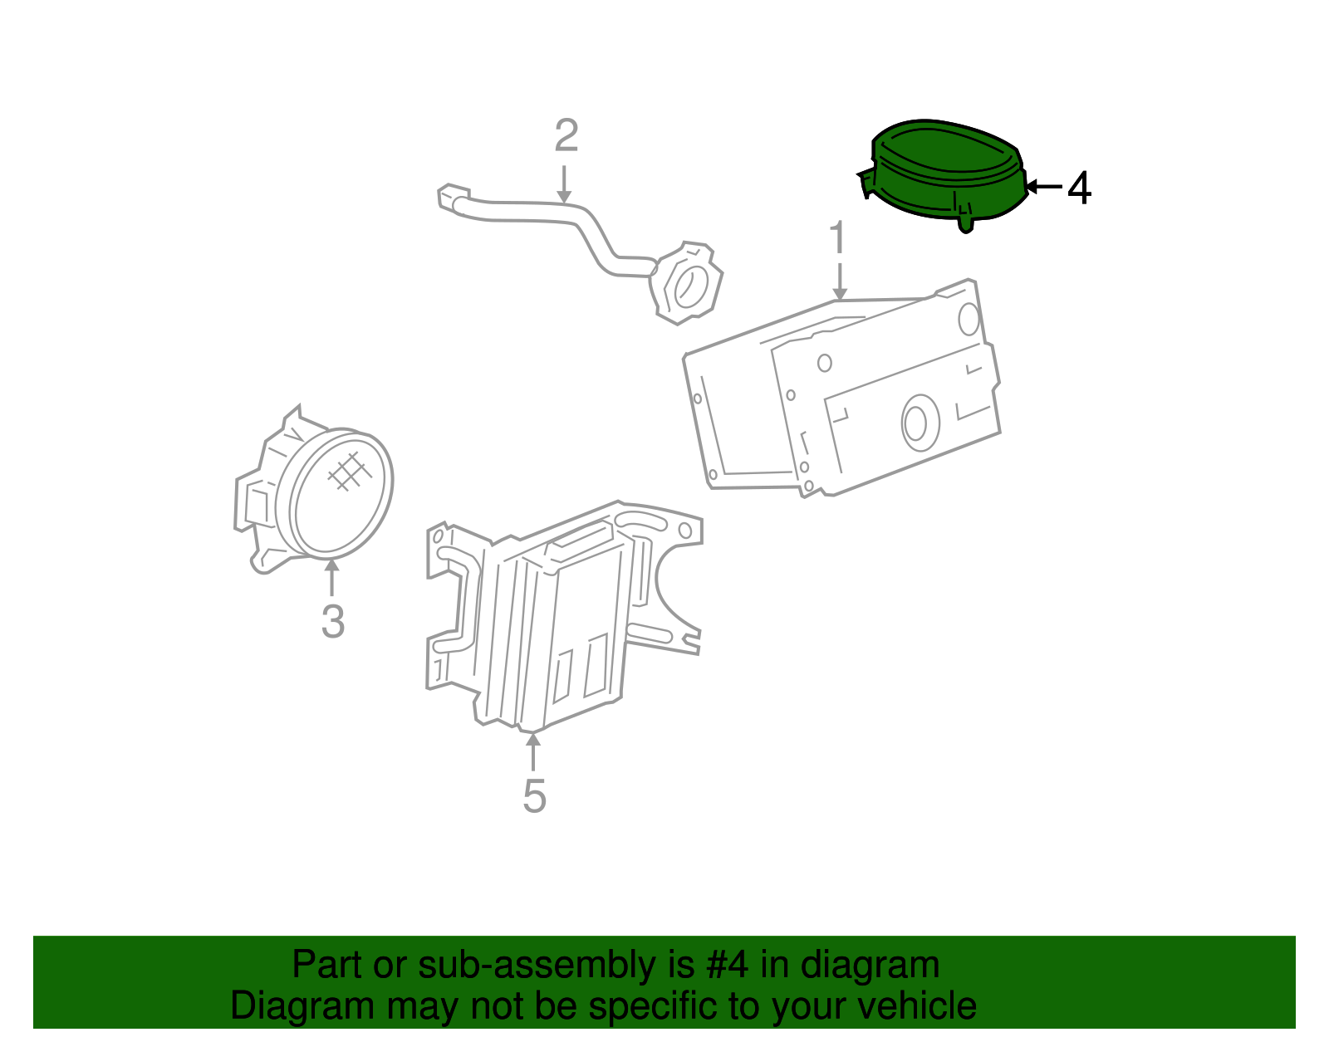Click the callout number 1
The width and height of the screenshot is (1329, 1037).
[x=838, y=238]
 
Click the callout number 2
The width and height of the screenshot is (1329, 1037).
[x=566, y=135]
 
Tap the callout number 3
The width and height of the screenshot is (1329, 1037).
[x=332, y=621]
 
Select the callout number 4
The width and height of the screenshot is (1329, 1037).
[x=1078, y=188]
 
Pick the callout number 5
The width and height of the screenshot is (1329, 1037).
[x=534, y=796]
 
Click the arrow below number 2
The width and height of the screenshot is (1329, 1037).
[x=564, y=183]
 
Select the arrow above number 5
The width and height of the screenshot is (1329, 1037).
[x=533, y=751]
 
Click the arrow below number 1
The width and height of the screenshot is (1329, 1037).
[x=840, y=281]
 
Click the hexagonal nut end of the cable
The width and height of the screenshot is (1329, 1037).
[x=686, y=283]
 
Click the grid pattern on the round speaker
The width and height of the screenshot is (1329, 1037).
[x=349, y=472]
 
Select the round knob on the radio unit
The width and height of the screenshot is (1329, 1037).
[x=919, y=423]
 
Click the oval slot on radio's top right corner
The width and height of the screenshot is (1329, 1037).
[x=969, y=319]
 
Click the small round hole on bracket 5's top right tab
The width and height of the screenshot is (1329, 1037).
[x=684, y=531]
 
